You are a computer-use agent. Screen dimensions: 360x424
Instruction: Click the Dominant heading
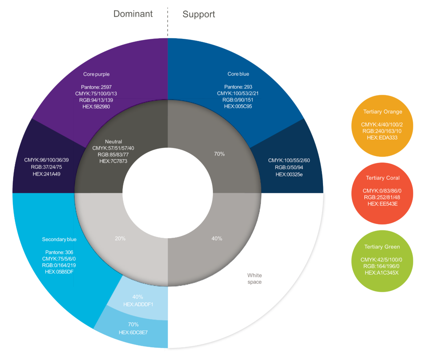click(133, 14)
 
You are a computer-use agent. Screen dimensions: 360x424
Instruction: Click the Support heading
click(199, 14)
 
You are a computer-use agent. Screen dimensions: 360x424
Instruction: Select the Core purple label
click(96, 74)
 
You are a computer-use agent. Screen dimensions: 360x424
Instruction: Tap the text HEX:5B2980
click(96, 107)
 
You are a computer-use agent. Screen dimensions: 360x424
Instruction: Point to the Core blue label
click(238, 74)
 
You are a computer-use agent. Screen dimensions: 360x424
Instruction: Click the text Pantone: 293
click(238, 87)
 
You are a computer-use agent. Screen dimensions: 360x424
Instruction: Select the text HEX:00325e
click(289, 174)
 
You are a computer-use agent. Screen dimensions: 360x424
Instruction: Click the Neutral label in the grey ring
click(113, 141)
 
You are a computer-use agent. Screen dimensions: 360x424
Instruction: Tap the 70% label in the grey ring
click(219, 154)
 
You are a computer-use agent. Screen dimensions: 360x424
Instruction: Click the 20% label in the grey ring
click(120, 239)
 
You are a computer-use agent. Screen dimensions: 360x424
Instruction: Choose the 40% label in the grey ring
click(217, 239)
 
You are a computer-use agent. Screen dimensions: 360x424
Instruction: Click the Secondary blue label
click(59, 239)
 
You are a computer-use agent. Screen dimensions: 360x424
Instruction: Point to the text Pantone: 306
click(60, 252)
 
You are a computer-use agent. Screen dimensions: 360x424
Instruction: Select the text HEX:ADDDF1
click(138, 304)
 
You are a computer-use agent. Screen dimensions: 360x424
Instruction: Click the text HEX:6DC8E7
click(133, 332)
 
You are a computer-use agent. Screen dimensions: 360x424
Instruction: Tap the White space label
click(254, 279)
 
